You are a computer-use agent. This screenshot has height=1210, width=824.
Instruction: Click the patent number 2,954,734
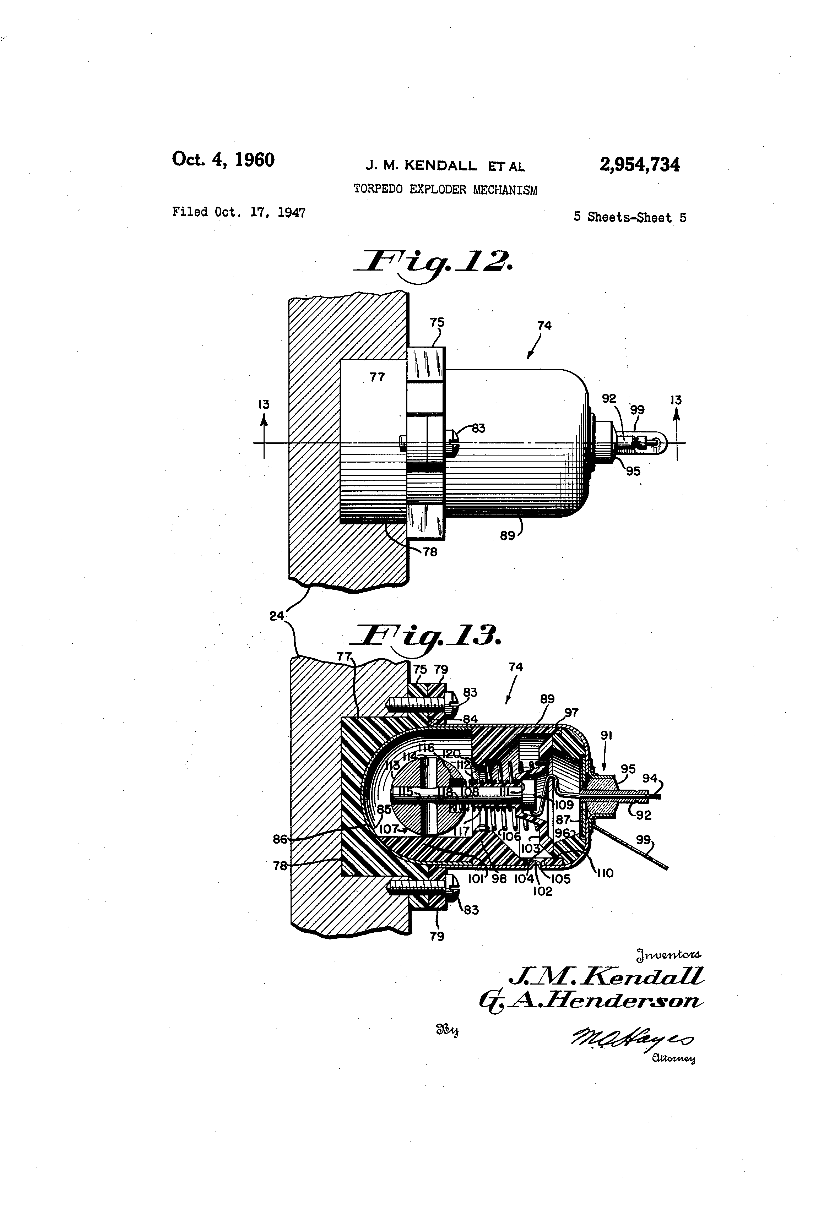pos(640,165)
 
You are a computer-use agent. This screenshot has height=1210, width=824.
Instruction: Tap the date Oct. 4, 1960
pos(223,159)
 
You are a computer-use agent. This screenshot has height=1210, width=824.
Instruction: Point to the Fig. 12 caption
pos(432,263)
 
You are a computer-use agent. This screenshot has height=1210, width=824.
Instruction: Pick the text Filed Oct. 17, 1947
pos(239,212)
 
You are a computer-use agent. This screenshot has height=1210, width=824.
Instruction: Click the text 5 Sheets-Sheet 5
pos(630,218)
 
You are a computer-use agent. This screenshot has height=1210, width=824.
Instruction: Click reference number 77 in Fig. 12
pos(377,377)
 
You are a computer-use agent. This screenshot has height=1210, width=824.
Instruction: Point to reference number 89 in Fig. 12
pos(507,535)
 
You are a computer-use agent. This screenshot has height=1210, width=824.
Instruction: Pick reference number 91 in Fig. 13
pos(606,735)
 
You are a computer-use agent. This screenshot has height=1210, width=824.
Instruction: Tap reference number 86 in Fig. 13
pos(280,839)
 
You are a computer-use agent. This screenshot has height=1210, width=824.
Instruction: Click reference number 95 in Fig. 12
pos(633,471)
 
